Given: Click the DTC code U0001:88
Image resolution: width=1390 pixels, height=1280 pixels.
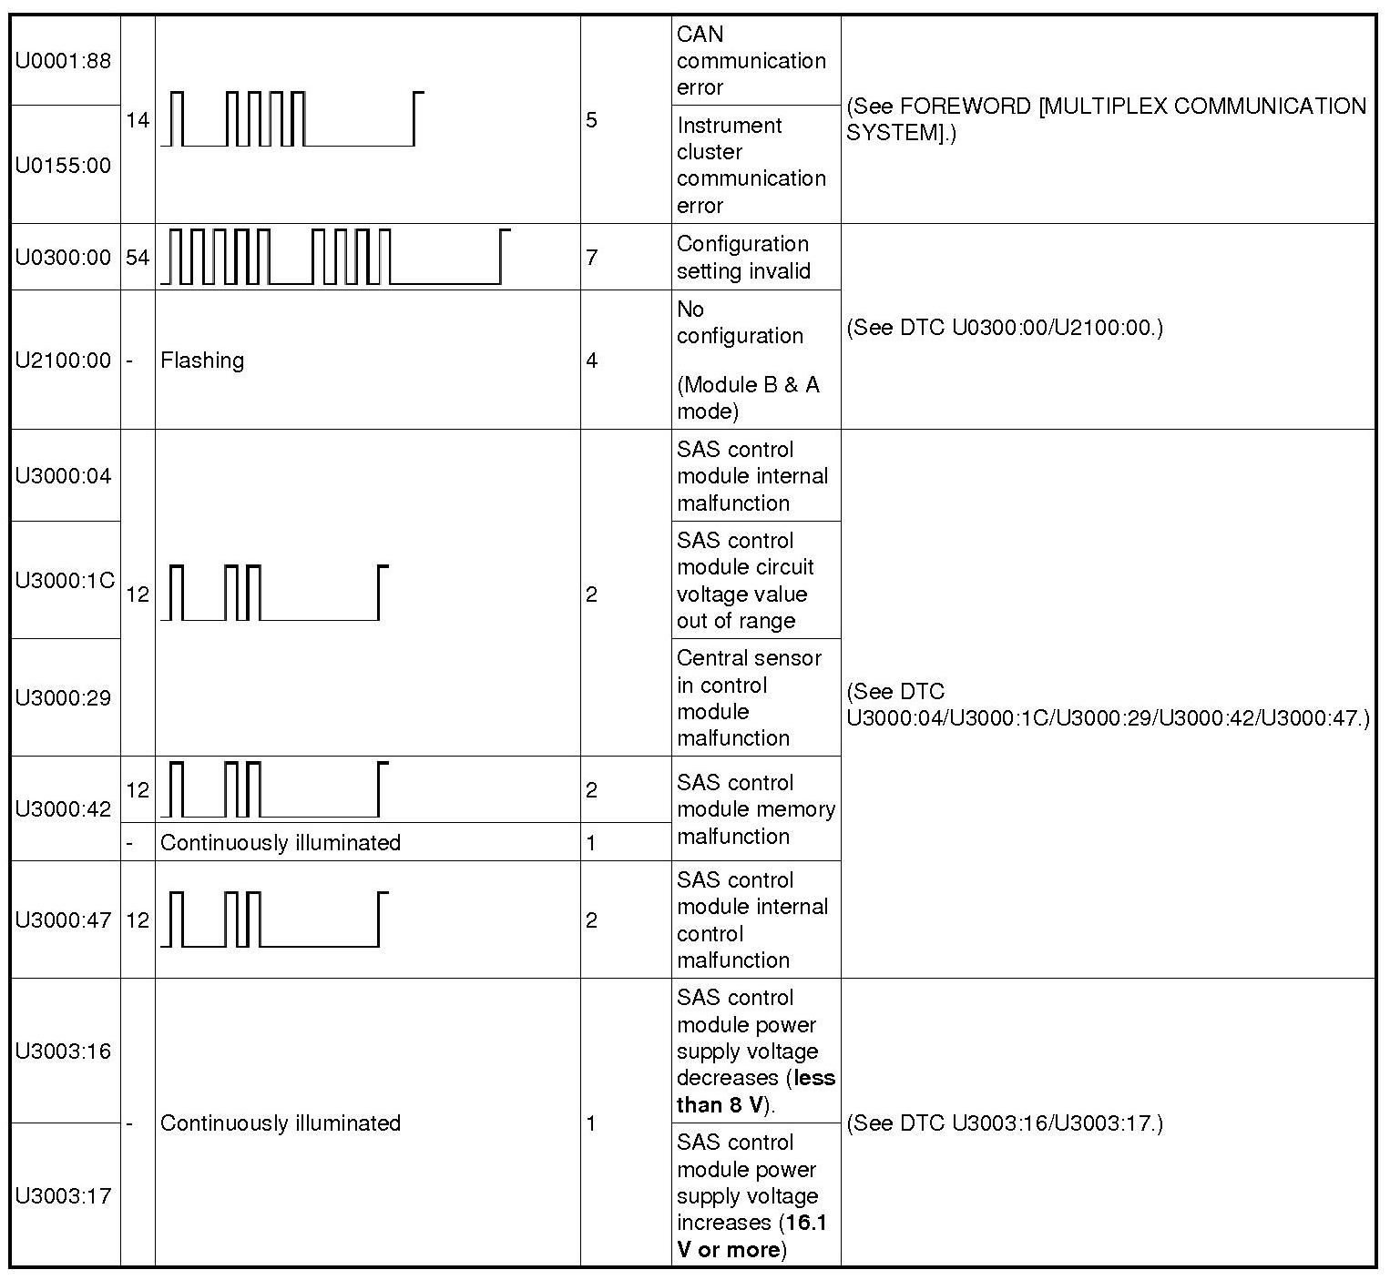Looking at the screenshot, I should [x=63, y=61].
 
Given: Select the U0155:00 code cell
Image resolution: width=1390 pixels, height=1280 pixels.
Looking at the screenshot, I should [x=63, y=165].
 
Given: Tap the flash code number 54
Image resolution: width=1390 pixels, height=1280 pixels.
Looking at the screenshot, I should [x=138, y=258].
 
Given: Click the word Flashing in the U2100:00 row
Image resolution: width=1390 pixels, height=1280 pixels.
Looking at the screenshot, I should [x=202, y=361].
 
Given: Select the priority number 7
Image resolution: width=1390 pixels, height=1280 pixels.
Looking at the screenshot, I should [x=592, y=258].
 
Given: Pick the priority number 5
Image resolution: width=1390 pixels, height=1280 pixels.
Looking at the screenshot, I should [x=592, y=120].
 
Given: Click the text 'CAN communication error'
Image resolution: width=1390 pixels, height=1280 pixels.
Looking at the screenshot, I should [x=751, y=61].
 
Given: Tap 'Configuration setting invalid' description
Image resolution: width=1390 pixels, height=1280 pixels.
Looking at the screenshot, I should [x=743, y=258].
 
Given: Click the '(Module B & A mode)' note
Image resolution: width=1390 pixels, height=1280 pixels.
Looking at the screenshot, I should [x=748, y=398].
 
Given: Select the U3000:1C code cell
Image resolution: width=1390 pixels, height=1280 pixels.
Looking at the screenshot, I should [x=65, y=580].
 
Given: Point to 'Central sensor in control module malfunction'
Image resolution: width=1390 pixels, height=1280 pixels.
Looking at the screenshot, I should [x=749, y=697].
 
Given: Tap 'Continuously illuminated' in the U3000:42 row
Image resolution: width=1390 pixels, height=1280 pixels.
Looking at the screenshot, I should [x=281, y=843].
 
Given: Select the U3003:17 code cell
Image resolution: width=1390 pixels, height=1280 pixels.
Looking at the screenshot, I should [x=63, y=1195].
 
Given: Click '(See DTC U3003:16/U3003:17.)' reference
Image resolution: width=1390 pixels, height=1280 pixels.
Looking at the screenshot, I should [x=1005, y=1123].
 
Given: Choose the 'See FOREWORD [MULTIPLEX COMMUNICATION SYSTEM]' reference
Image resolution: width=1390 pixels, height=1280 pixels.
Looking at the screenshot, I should [x=1106, y=119].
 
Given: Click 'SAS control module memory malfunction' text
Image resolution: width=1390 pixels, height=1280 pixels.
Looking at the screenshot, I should [x=755, y=809].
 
